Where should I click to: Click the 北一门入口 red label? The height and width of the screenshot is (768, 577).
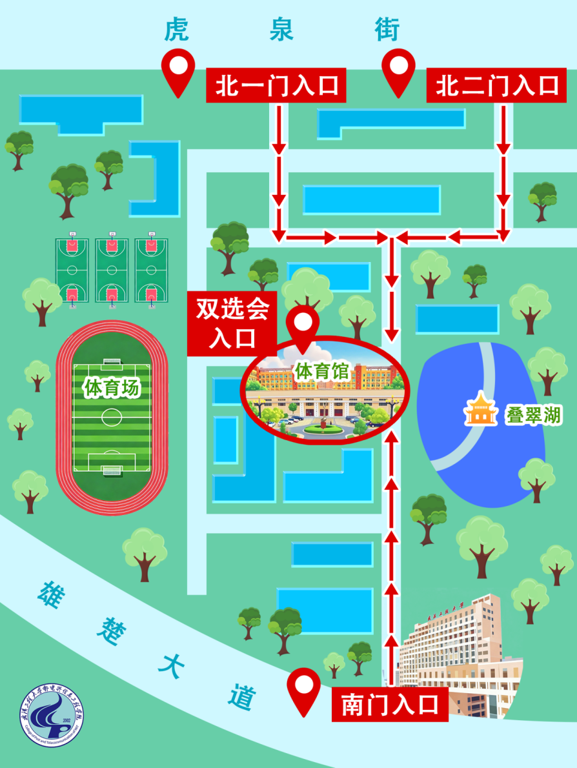click(276, 86)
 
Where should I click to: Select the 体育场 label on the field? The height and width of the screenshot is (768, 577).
click(111, 388)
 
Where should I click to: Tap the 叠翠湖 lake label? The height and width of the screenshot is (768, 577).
click(533, 415)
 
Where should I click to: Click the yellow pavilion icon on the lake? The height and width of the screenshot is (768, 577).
click(480, 410)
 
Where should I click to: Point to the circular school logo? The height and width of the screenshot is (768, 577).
click(51, 713)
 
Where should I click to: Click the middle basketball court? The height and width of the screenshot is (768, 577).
click(112, 271)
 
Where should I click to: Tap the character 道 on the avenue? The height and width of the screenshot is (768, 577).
click(242, 697)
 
